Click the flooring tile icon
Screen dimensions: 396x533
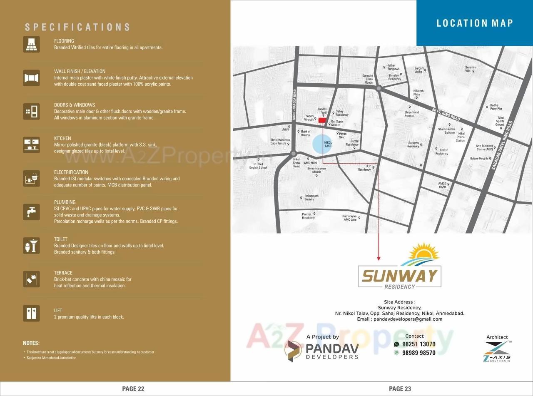click(31, 44)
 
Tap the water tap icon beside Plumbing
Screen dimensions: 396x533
click(31, 212)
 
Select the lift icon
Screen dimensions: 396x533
click(31, 313)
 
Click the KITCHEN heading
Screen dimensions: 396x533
click(62, 138)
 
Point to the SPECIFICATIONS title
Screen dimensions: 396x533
click(77, 27)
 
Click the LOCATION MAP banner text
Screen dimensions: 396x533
click(475, 23)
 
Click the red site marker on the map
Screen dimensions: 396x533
click(322, 120)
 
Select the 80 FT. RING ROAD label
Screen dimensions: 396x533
click(446, 114)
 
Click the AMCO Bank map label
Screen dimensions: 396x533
click(442, 185)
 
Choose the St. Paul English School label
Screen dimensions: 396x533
click(258, 166)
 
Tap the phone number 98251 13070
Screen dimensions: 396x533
click(419, 344)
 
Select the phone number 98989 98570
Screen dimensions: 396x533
click(419, 353)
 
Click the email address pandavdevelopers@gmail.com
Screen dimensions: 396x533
click(400, 319)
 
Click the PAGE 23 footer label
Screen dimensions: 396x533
click(400, 389)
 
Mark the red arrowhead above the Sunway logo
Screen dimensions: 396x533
click(379, 259)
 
